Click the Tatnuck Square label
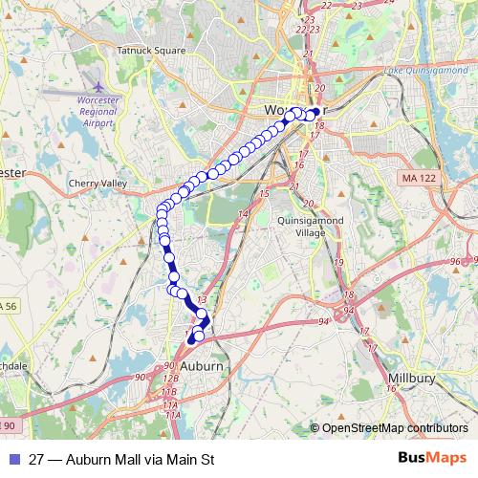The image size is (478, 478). (150, 50)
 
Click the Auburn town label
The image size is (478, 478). (200, 366)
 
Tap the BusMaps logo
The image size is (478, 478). (433, 458)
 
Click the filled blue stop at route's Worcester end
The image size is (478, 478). (315, 112)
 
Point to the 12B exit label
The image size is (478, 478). (170, 380)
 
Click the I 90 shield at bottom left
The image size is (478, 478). (8, 424)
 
